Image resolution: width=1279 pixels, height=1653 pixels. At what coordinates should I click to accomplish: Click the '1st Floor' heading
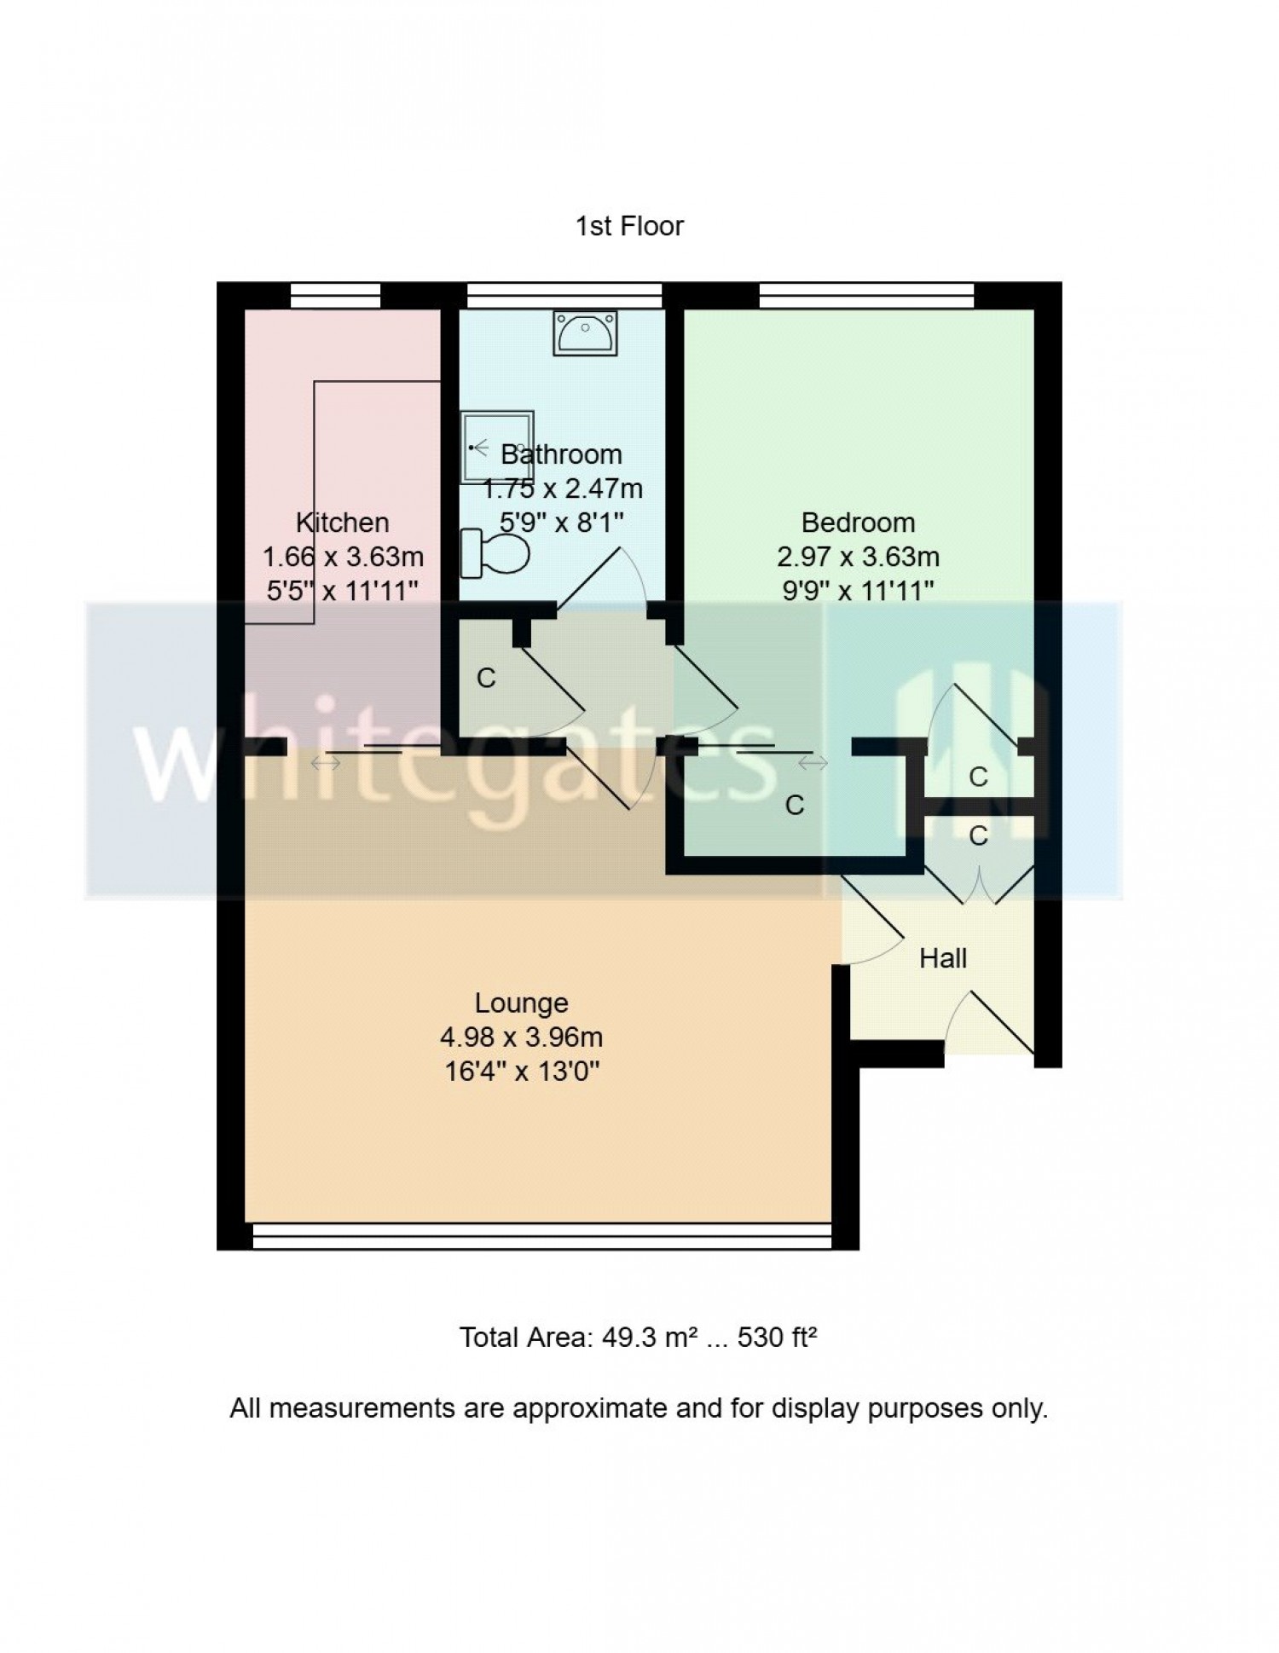point(629,226)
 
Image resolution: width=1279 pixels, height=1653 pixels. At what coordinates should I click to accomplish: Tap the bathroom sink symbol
point(585,332)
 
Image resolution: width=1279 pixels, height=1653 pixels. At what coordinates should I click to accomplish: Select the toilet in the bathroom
point(495,553)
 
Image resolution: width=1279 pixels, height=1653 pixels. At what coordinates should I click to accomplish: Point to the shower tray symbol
point(498,448)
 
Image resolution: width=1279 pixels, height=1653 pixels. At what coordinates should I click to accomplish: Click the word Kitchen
point(342,522)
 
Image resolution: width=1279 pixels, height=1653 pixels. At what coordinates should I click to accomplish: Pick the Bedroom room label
point(858,522)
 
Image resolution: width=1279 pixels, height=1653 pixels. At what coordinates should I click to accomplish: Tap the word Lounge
point(521,1003)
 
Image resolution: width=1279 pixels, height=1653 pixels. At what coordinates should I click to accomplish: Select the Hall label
point(943,958)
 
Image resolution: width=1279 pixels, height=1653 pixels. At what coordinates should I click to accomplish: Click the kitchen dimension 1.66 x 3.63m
point(343,557)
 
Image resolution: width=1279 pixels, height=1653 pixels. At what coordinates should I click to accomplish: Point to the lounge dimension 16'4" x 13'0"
point(522,1071)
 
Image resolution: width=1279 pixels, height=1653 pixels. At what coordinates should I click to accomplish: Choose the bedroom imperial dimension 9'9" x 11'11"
point(859,590)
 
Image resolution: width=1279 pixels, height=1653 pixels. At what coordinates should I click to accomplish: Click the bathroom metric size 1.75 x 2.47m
point(563,488)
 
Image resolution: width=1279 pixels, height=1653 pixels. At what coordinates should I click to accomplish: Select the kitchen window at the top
point(335,296)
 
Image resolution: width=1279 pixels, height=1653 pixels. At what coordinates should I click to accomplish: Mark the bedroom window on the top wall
point(866,296)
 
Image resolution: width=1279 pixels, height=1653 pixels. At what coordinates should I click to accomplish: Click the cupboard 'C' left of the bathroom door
point(486,678)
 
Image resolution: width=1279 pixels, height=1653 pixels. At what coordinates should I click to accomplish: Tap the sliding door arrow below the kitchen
point(325,763)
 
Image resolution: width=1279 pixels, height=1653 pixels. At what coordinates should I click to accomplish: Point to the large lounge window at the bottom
point(542,1235)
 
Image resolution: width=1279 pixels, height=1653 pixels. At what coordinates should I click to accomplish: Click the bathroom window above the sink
point(564,296)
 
